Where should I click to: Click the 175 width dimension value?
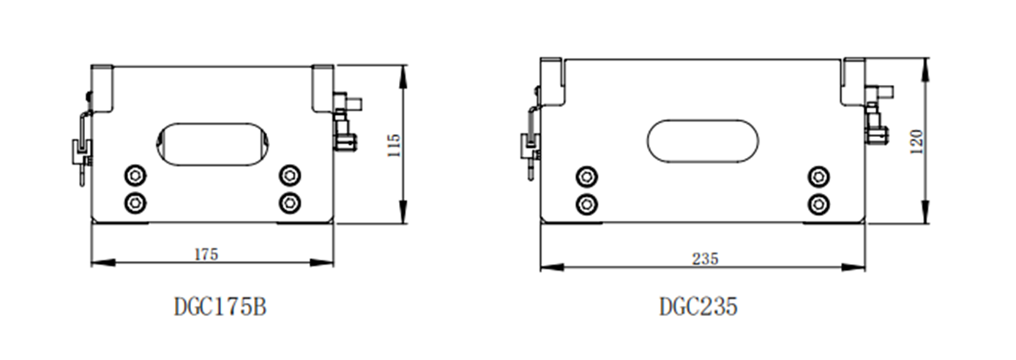point(206,255)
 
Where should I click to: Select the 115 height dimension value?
point(394,145)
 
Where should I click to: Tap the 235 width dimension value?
point(706,259)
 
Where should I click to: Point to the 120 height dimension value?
point(916,141)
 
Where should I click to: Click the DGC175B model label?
point(220,307)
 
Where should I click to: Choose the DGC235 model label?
point(698,307)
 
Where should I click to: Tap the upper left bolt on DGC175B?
point(135,176)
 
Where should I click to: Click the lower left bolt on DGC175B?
point(135,203)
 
